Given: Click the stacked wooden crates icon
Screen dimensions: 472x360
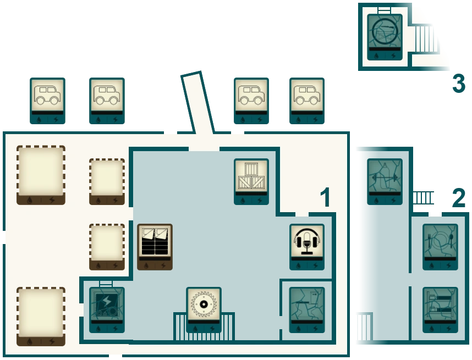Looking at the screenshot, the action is [x=251, y=175].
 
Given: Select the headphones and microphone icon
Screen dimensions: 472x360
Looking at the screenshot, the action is [x=306, y=241].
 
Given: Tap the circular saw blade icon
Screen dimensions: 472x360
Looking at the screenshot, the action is [x=204, y=303].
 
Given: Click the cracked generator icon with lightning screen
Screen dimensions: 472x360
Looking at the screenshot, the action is [x=107, y=303].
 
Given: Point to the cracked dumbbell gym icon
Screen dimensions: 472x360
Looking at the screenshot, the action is [x=385, y=175].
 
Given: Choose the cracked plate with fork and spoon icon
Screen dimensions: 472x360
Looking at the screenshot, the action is [x=440, y=240].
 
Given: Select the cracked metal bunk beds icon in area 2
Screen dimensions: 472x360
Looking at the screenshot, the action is [x=440, y=303].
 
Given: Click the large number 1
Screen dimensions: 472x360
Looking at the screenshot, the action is [x=326, y=198].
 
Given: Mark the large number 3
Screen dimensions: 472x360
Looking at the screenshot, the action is [x=457, y=84].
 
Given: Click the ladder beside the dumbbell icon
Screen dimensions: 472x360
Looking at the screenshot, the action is [x=424, y=197].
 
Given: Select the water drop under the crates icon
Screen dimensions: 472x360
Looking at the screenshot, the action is [x=243, y=201].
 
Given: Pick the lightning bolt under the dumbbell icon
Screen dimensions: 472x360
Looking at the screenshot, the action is [x=393, y=201].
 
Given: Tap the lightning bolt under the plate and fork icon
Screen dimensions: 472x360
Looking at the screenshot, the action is [x=448, y=265].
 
